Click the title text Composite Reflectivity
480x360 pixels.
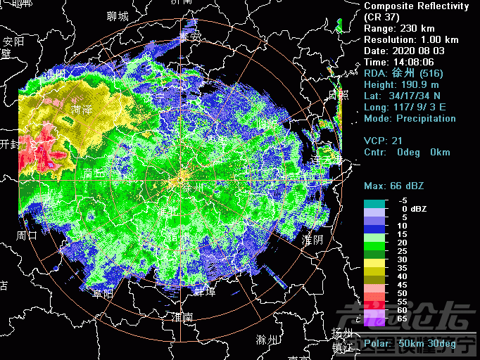tap(416, 6)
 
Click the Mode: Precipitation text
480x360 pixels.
tap(410, 119)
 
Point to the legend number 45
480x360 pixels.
tap(402, 285)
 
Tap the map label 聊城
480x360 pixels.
tap(118, 15)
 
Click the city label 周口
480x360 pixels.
tap(27, 235)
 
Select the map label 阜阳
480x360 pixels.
tap(103, 294)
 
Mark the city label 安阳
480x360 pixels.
tap(13, 41)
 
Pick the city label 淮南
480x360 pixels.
tap(182, 317)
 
